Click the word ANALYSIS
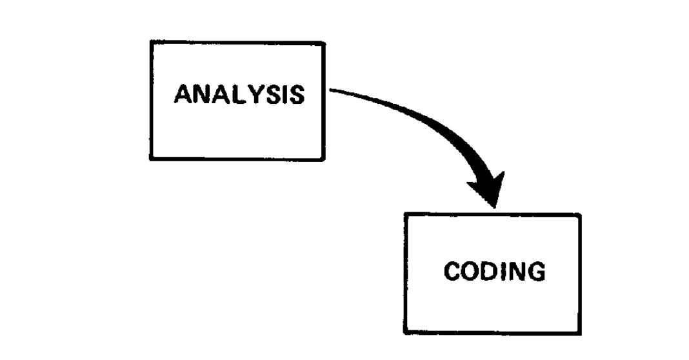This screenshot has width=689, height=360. [239, 95]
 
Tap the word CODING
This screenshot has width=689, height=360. [494, 272]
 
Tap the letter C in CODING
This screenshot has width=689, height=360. [452, 272]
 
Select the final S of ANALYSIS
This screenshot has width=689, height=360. [297, 95]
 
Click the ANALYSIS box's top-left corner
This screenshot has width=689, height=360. [150, 43]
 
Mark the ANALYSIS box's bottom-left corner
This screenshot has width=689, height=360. [150, 158]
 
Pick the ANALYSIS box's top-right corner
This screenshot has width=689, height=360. [323, 43]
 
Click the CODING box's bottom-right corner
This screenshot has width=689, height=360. [580, 334]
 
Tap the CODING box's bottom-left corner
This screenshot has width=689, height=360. [406, 334]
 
